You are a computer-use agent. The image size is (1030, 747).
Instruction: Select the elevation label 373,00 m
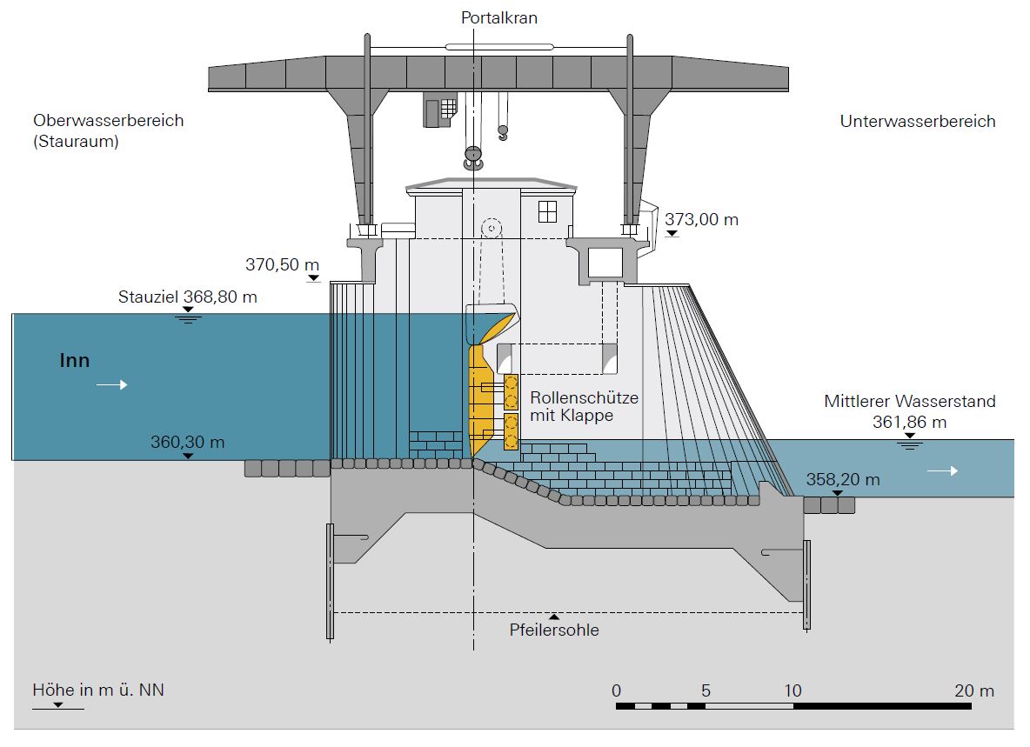pyautogui.click(x=701, y=220)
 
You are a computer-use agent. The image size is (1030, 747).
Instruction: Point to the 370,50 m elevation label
pyautogui.click(x=283, y=264)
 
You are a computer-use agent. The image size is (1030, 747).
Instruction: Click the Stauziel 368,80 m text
pyautogui.click(x=188, y=297)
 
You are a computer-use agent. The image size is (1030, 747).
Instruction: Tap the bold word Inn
pyautogui.click(x=75, y=360)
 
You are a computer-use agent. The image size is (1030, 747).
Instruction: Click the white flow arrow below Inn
pyautogui.click(x=111, y=384)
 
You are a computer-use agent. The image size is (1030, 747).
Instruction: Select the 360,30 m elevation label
pyautogui.click(x=187, y=442)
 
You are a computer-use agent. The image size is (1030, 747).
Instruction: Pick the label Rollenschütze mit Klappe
pyautogui.click(x=584, y=406)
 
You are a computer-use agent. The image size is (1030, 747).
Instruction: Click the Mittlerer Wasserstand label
pyautogui.click(x=909, y=402)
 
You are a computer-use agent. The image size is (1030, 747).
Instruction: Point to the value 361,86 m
pyautogui.click(x=909, y=423)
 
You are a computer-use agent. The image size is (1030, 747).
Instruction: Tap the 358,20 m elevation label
pyautogui.click(x=842, y=479)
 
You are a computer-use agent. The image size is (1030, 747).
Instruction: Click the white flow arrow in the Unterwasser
pyautogui.click(x=942, y=470)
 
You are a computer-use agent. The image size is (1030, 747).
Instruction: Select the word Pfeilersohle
pyautogui.click(x=554, y=630)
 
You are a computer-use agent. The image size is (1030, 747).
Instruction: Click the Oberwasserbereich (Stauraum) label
pyautogui.click(x=109, y=130)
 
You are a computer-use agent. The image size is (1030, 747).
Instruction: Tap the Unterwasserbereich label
pyautogui.click(x=917, y=122)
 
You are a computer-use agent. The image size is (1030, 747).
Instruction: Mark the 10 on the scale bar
pyautogui.click(x=793, y=691)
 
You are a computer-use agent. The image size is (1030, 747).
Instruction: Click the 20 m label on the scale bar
pyautogui.click(x=973, y=691)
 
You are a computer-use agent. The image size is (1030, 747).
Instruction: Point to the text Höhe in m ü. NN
pyautogui.click(x=98, y=690)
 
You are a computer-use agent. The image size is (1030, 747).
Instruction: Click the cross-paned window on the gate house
pyautogui.click(x=547, y=210)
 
